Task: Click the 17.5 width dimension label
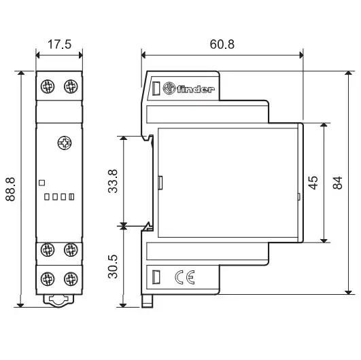pyautogui.click(x=59, y=44)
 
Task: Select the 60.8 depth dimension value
pyautogui.click(x=222, y=44)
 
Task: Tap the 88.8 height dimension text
pyautogui.click(x=10, y=189)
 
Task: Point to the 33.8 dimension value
pyautogui.click(x=113, y=181)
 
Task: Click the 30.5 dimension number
pyautogui.click(x=113, y=267)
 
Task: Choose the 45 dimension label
pyautogui.click(x=313, y=183)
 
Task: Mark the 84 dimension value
pyautogui.click(x=337, y=183)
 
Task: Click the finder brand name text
pyautogui.click(x=196, y=89)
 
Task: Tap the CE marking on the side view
pyautogui.click(x=185, y=277)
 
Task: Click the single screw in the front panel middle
pyautogui.click(x=65, y=143)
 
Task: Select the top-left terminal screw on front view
pyautogui.click(x=48, y=86)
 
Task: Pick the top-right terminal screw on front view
pyautogui.click(x=71, y=86)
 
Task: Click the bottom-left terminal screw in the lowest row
pyautogui.click(x=48, y=278)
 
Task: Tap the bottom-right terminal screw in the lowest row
pyautogui.click(x=71, y=278)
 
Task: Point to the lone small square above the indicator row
pyautogui.click(x=41, y=183)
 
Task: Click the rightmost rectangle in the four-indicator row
pyautogui.click(x=71, y=197)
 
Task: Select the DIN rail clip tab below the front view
pyautogui.click(x=58, y=301)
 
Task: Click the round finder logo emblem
pyautogui.click(x=169, y=88)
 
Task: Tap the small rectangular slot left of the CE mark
pyautogui.click(x=156, y=277)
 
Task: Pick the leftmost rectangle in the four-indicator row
pyautogui.click(x=47, y=197)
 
